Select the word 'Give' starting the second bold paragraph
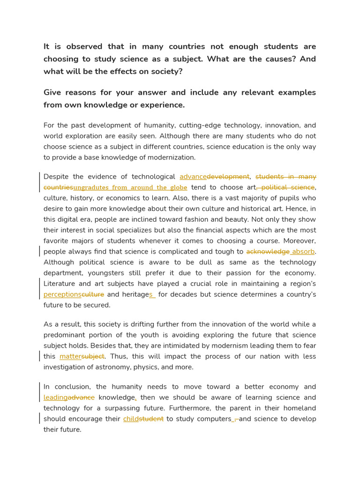tap(53, 92)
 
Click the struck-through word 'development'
tap(228, 177)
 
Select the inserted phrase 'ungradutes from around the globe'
tap(130, 187)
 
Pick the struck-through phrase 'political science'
tap(287, 187)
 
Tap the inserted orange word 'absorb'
tap(303, 252)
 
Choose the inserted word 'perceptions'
tap(62, 294)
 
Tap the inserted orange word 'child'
tap(131, 419)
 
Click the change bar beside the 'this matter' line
tap(39, 356)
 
